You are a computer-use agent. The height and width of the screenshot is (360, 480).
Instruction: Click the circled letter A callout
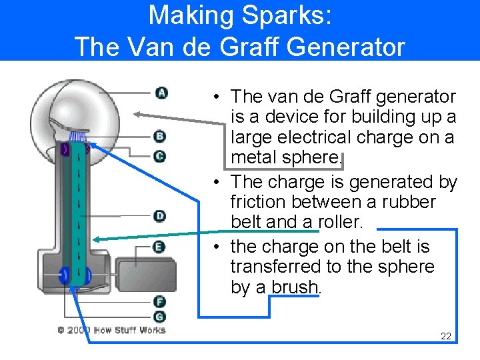(x=161, y=92)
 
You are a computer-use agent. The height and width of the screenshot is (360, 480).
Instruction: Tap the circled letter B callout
(x=159, y=137)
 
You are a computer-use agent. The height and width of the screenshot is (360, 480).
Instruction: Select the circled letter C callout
(x=159, y=156)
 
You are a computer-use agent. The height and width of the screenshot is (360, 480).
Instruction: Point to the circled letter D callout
(x=159, y=215)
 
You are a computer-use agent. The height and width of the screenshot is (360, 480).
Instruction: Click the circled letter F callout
(x=159, y=302)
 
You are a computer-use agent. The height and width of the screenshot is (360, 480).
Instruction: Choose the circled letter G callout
(x=159, y=316)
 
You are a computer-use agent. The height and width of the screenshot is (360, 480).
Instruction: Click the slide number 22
(x=446, y=336)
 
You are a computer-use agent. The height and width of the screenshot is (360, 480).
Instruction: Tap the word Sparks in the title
(x=280, y=15)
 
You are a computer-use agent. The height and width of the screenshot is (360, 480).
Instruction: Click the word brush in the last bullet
(x=295, y=287)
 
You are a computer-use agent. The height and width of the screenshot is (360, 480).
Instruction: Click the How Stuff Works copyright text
(x=111, y=330)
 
